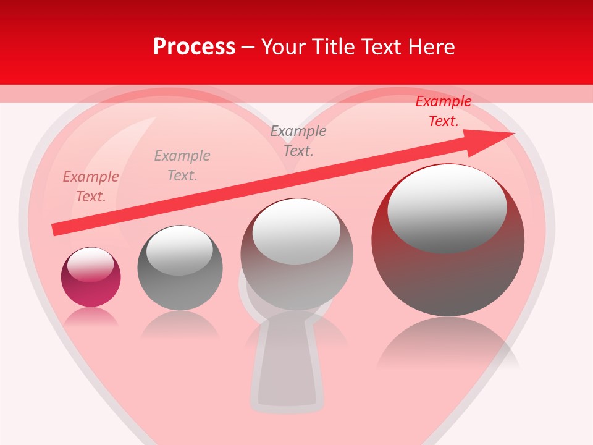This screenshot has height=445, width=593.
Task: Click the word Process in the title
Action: click(x=194, y=47)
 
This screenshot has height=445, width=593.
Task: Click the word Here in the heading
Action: click(x=431, y=47)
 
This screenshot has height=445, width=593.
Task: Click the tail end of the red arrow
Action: click(x=56, y=229)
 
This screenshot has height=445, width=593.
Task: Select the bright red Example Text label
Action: click(x=443, y=111)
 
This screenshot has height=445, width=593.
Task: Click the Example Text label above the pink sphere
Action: click(x=91, y=187)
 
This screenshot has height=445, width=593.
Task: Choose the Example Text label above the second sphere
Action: click(x=182, y=166)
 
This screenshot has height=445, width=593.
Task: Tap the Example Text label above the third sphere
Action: click(x=298, y=141)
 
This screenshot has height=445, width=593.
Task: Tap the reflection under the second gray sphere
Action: click(x=179, y=324)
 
